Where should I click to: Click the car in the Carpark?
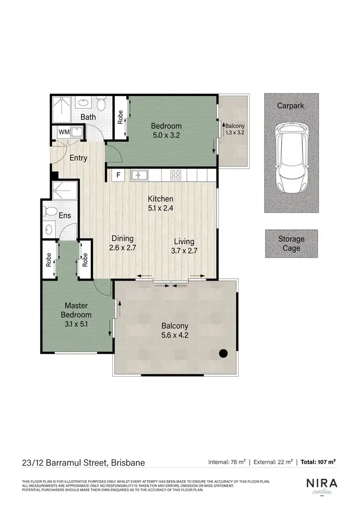tap(291, 157)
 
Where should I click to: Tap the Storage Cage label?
tap(291, 243)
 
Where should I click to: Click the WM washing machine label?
tap(64, 132)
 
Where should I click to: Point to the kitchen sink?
tap(140, 176)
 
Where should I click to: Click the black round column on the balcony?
tap(223, 354)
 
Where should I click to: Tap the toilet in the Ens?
tap(50, 212)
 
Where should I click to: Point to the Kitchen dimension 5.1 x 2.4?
tap(160, 208)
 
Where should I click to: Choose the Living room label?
tap(184, 241)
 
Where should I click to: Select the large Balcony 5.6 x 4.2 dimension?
tap(174, 335)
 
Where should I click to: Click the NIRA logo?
tap(322, 483)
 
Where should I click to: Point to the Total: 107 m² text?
tap(318, 462)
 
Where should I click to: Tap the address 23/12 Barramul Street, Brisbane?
tap(84, 463)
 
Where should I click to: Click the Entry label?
tap(78, 158)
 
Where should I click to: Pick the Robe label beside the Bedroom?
tap(120, 117)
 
